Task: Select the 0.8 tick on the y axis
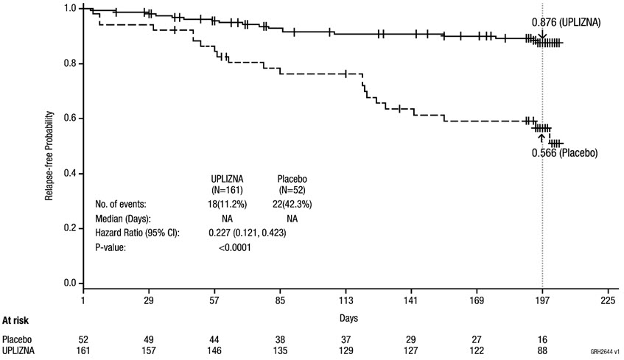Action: point(70,63)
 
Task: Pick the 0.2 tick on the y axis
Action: point(70,229)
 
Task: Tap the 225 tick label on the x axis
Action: point(608,300)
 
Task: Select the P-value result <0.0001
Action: point(234,248)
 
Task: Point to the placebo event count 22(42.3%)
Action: point(292,204)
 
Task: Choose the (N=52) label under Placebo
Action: point(292,189)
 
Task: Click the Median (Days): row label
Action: point(122,219)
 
